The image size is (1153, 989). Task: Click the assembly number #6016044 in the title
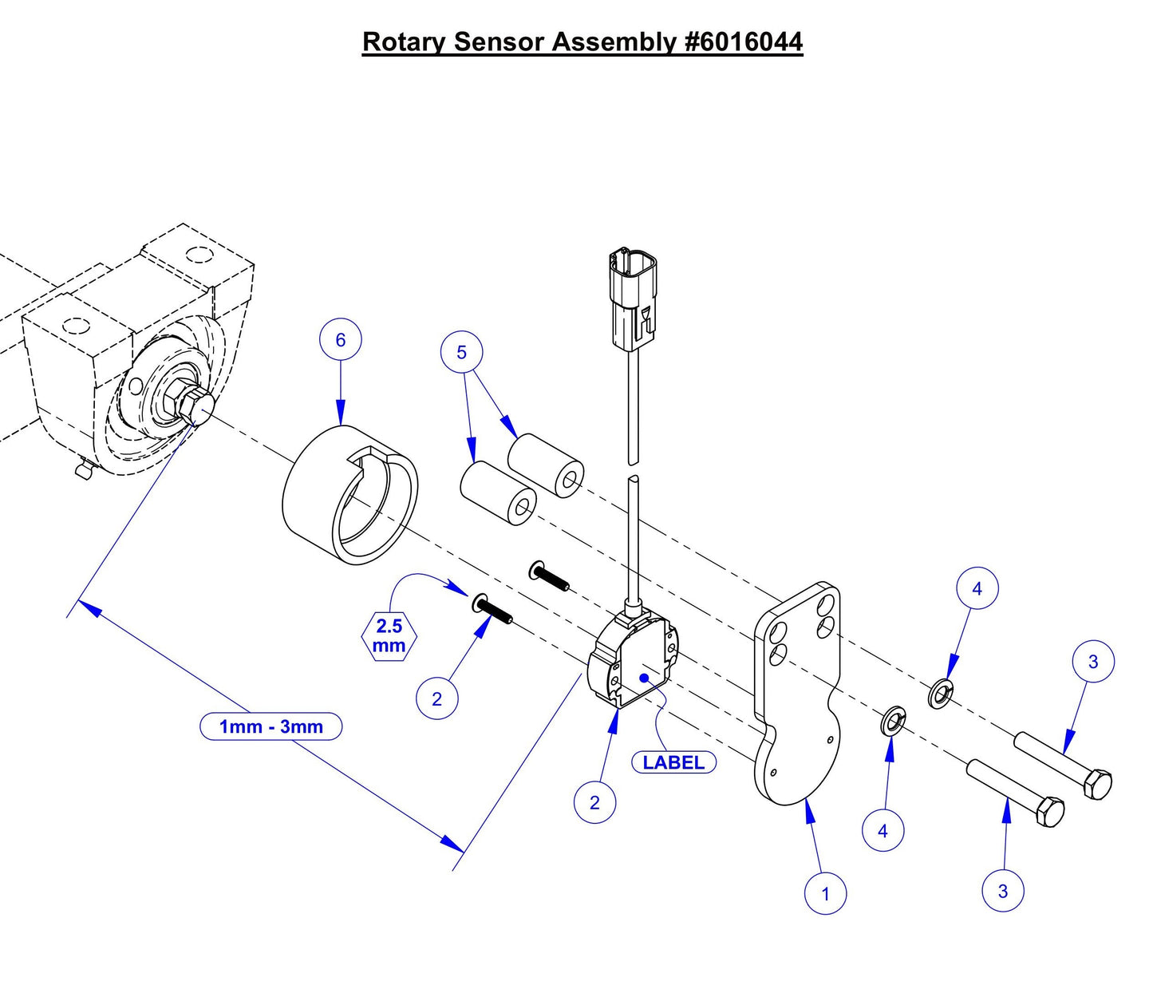(744, 42)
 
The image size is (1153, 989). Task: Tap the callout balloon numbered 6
(341, 340)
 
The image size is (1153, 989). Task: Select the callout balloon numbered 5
(461, 352)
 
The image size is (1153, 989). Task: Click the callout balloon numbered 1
(825, 893)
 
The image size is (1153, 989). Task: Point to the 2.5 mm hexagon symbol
(389, 636)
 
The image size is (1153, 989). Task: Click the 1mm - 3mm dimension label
(271, 726)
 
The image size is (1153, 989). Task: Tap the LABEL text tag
(673, 762)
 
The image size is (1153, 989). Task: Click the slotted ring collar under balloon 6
(351, 495)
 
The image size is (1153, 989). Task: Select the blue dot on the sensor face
(643, 678)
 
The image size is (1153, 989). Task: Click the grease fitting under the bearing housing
(83, 470)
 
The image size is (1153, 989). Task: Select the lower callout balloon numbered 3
(1003, 891)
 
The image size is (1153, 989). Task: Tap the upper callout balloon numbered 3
(1093, 661)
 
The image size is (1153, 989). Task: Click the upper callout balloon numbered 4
(977, 588)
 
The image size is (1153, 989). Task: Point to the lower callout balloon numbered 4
(883, 831)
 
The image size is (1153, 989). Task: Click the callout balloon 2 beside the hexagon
(436, 698)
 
